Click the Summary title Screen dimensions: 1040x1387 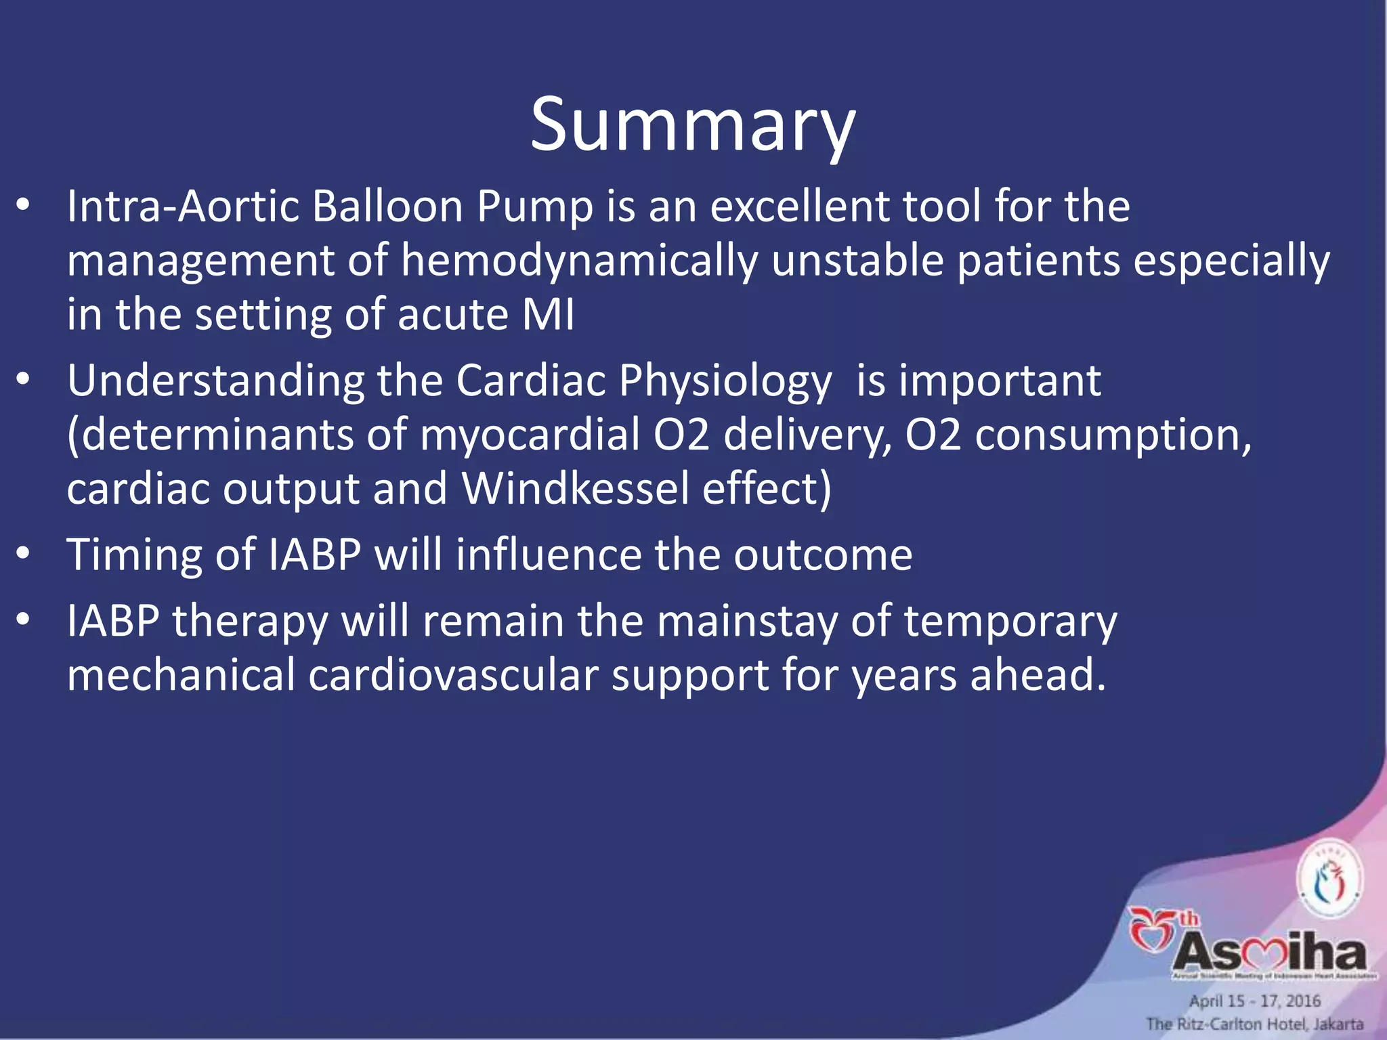click(692, 126)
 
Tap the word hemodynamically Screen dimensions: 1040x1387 click(579, 261)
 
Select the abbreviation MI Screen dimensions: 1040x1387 click(548, 315)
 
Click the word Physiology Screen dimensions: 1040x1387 click(725, 381)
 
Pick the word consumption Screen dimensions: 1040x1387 click(1113, 435)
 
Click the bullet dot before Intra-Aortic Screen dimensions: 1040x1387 click(24, 207)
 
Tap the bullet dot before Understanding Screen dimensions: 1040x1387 click(24, 381)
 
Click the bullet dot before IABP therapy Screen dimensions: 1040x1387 click(24, 621)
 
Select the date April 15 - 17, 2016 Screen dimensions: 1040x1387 click(1254, 1001)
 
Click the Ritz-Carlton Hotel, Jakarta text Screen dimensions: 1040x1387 click(1254, 1024)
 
